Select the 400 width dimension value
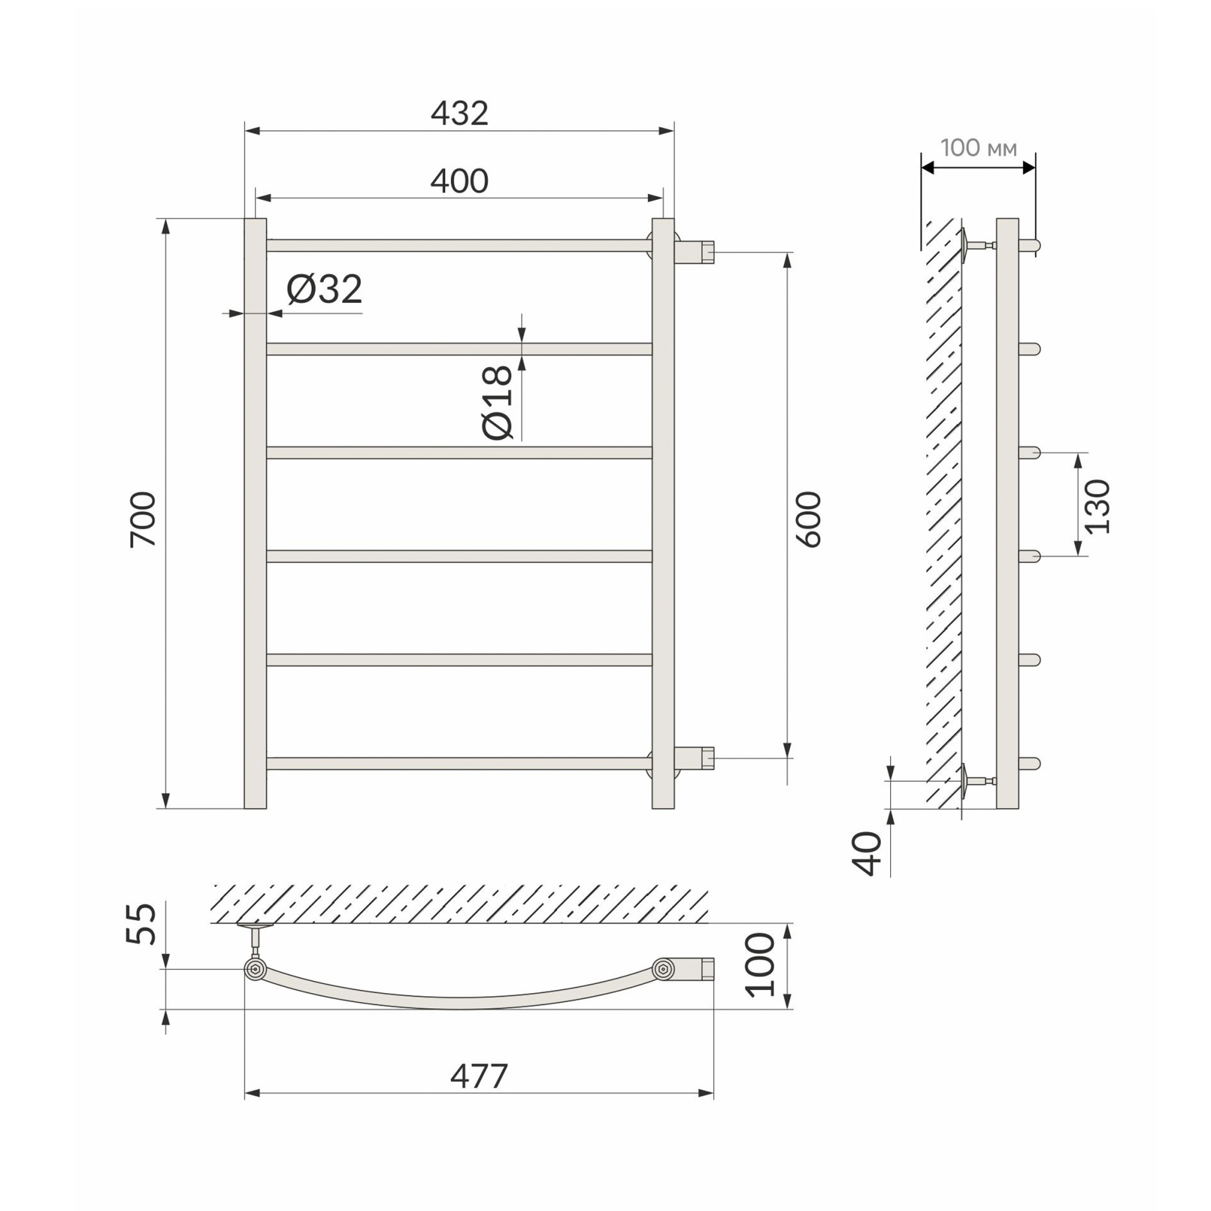click(460, 182)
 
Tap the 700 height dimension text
click(143, 520)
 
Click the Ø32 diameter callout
click(324, 289)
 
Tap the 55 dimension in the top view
click(141, 924)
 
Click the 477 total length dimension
click(479, 1077)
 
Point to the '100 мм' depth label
click(978, 148)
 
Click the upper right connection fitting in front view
click(695, 252)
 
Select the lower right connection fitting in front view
click(695, 757)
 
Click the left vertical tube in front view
click(255, 514)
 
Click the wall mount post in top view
click(255, 939)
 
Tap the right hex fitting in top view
click(663, 969)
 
